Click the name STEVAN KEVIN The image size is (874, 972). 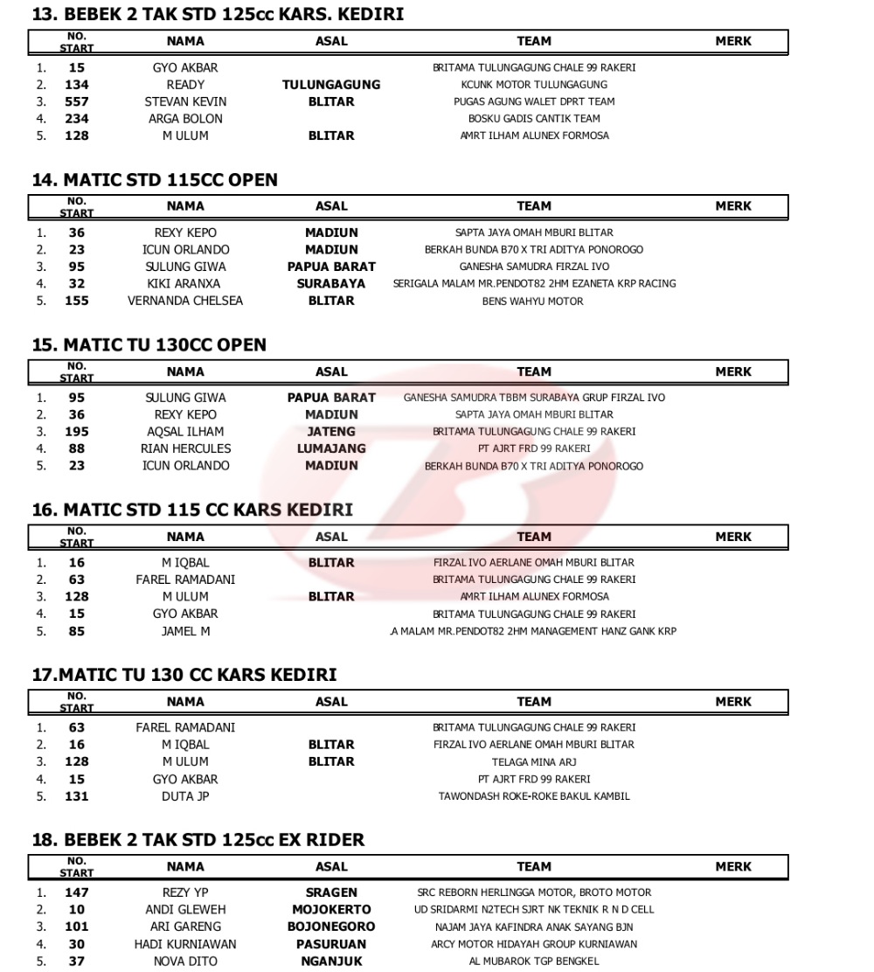point(185,101)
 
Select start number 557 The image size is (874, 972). point(77,101)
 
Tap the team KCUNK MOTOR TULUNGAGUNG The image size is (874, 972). point(534,85)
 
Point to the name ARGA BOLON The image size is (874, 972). point(185,119)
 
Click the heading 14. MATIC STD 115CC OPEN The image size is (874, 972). point(155,180)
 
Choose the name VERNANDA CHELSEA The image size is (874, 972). point(185,301)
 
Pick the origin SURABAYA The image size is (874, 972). point(331,284)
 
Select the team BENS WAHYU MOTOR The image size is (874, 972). point(533,302)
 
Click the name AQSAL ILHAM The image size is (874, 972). point(185,432)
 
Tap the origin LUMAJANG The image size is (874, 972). point(331,448)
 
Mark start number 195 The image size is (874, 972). point(77,432)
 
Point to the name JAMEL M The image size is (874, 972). point(185,631)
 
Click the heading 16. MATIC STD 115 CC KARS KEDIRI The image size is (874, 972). point(192,510)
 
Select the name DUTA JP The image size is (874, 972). point(185,796)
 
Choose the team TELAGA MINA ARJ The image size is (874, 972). point(534,762)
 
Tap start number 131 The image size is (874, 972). point(77,796)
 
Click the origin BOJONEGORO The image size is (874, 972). point(331,927)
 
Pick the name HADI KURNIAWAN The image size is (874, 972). point(185,944)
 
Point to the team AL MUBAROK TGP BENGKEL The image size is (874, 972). point(534,962)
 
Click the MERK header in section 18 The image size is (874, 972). point(732,867)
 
